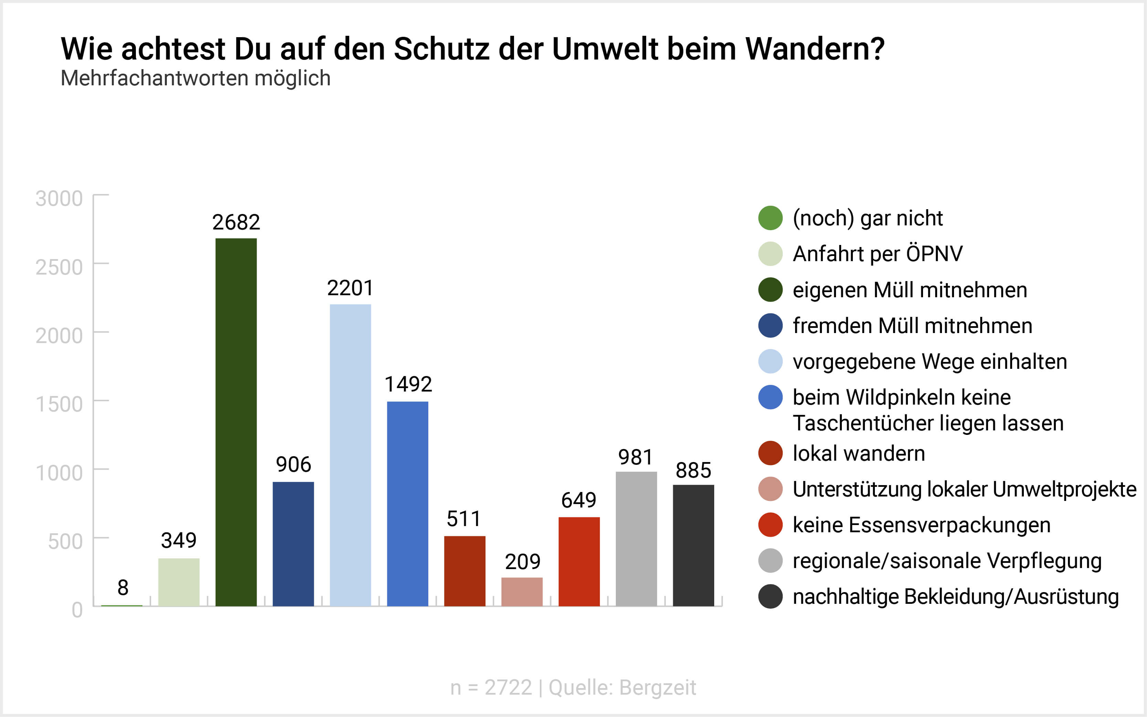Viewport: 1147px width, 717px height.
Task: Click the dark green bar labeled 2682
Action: [x=236, y=422]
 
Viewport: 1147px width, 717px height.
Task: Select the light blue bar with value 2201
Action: [x=351, y=455]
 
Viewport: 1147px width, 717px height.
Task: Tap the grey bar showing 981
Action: [x=636, y=539]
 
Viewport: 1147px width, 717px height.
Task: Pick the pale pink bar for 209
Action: [x=522, y=591]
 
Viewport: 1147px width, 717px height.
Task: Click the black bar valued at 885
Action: [x=693, y=545]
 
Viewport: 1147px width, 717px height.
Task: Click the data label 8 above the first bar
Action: [x=123, y=588]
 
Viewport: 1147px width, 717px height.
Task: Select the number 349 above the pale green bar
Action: [x=179, y=541]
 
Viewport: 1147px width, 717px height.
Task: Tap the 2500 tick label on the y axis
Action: [x=59, y=267]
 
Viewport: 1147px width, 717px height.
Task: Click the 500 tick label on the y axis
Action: [x=65, y=541]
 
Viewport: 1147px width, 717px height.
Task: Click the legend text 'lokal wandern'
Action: [x=859, y=453]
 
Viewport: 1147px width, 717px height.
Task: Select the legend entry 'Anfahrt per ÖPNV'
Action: [x=878, y=254]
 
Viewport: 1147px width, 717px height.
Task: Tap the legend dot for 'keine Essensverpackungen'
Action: [x=770, y=525]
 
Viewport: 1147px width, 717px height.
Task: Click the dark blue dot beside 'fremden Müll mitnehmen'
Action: [x=770, y=326]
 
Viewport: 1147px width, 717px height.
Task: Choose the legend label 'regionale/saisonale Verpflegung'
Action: [x=947, y=561]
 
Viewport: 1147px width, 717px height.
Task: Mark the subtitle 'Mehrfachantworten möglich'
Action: [x=195, y=78]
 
